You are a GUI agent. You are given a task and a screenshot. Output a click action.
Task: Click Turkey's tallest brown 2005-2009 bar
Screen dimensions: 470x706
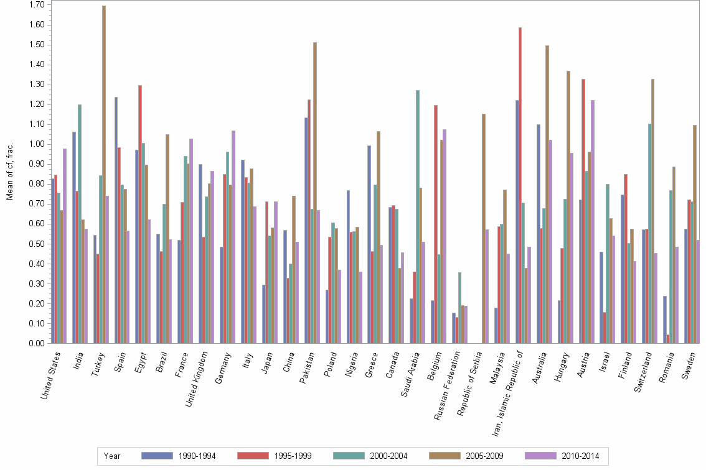pyautogui.click(x=104, y=174)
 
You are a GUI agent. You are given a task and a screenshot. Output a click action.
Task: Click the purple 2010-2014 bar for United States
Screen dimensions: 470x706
pyautogui.click(x=65, y=246)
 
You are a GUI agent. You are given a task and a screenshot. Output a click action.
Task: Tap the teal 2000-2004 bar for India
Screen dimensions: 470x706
pyautogui.click(x=80, y=224)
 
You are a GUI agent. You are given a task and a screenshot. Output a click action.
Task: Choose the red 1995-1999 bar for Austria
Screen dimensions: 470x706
pyautogui.click(x=583, y=211)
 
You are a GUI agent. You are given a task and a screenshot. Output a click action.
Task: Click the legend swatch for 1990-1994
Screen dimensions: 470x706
pyautogui.click(x=157, y=456)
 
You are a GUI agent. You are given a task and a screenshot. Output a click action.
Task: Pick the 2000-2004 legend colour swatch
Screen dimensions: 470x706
pyautogui.click(x=349, y=456)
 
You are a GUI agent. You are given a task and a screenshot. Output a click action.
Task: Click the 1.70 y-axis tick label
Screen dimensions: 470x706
pyautogui.click(x=36, y=5)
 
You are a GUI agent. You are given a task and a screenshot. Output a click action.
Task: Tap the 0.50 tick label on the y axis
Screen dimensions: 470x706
pyautogui.click(x=36, y=244)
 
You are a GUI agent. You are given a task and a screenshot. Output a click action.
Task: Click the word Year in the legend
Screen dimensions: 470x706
pyautogui.click(x=112, y=456)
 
